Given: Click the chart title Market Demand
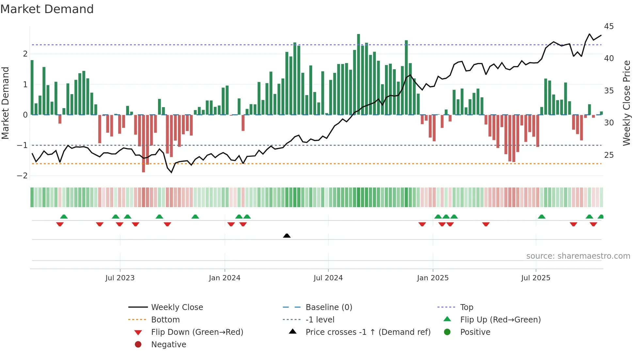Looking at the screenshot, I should coord(47,9).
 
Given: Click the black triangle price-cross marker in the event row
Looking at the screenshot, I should coord(287,236).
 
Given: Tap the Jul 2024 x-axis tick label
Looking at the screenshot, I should coord(328,278).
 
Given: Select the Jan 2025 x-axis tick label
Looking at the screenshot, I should coord(433,278).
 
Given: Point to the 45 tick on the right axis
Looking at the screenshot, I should coord(609,26).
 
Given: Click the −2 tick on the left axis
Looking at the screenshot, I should coord(23,176).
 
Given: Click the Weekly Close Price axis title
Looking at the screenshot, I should coord(626,103).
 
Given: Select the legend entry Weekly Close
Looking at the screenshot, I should coord(177,307).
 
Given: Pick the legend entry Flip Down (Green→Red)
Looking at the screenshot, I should coord(197,332).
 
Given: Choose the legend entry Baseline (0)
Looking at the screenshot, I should coord(328,307).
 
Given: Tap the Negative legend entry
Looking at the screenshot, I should coord(168,345).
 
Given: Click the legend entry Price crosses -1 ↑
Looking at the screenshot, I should coord(368,332).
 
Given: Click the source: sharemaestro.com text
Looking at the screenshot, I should coord(578,256).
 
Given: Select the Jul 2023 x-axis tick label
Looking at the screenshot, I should coord(120,278).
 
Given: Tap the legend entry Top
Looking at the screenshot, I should coord(466,307).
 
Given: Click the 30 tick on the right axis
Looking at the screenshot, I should coord(609,123).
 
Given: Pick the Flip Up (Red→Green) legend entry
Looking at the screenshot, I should coord(500,320).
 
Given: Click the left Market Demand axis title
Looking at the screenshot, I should coord(6,103).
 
